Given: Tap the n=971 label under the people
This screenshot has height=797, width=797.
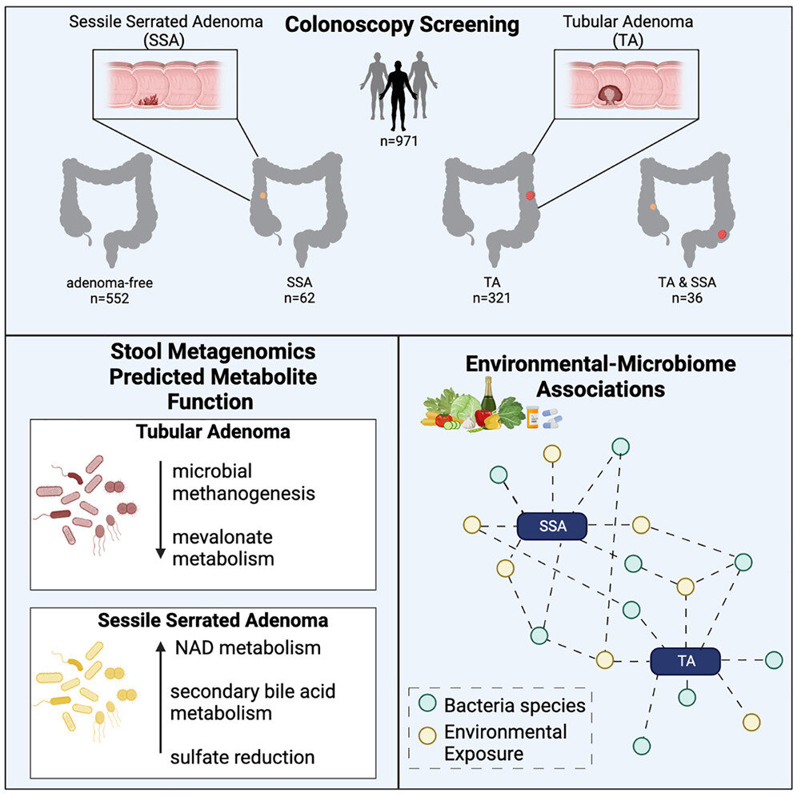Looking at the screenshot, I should click(x=399, y=144).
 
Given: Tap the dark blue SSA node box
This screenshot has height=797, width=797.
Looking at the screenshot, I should click(x=552, y=526).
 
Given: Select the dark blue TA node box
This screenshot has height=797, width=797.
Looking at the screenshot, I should click(x=685, y=661).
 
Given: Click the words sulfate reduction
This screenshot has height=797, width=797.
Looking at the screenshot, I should click(x=242, y=756).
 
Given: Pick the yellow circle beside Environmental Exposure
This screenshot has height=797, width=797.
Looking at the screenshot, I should click(x=428, y=735).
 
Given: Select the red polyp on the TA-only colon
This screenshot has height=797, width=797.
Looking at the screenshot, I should click(x=529, y=196).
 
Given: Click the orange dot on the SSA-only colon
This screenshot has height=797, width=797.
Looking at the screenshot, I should click(x=263, y=194).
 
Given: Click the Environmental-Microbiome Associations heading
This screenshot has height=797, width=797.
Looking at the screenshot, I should click(x=600, y=377).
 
